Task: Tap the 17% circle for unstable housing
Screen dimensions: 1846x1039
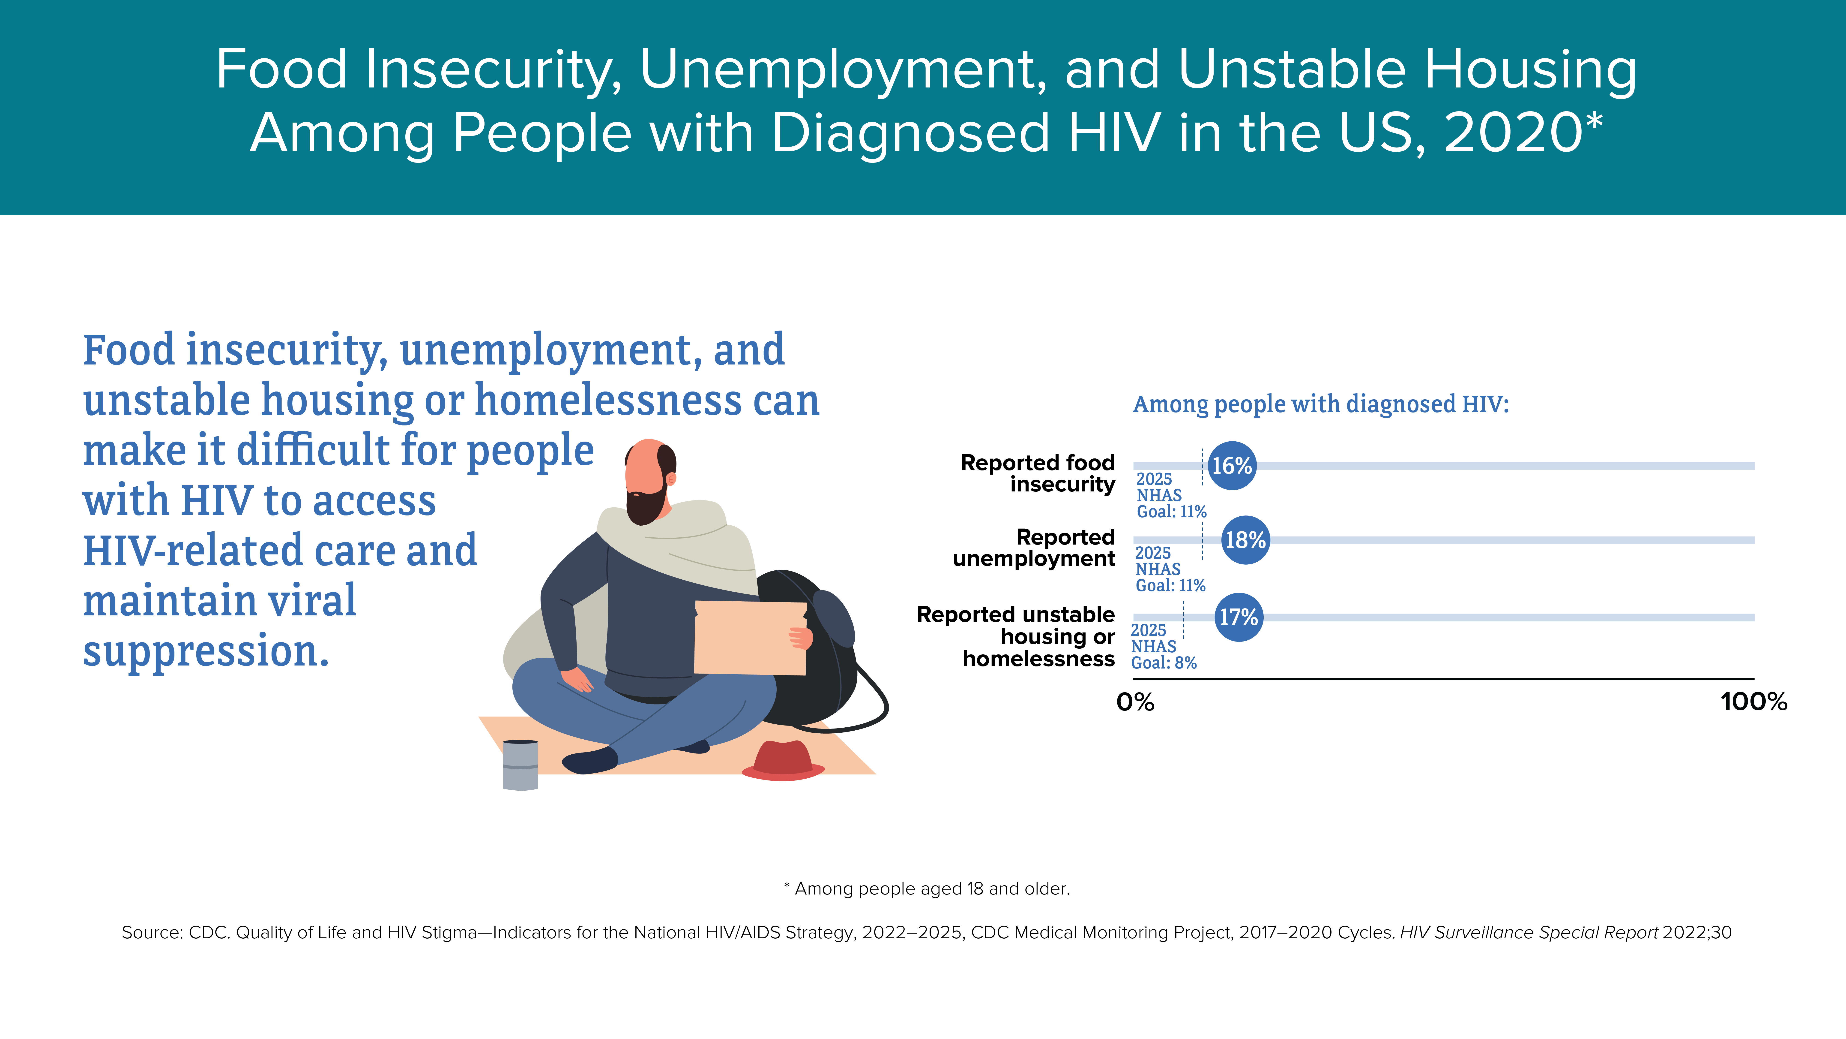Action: click(1239, 617)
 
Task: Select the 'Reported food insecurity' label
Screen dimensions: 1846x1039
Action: click(1038, 473)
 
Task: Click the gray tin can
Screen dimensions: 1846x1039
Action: click(520, 765)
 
